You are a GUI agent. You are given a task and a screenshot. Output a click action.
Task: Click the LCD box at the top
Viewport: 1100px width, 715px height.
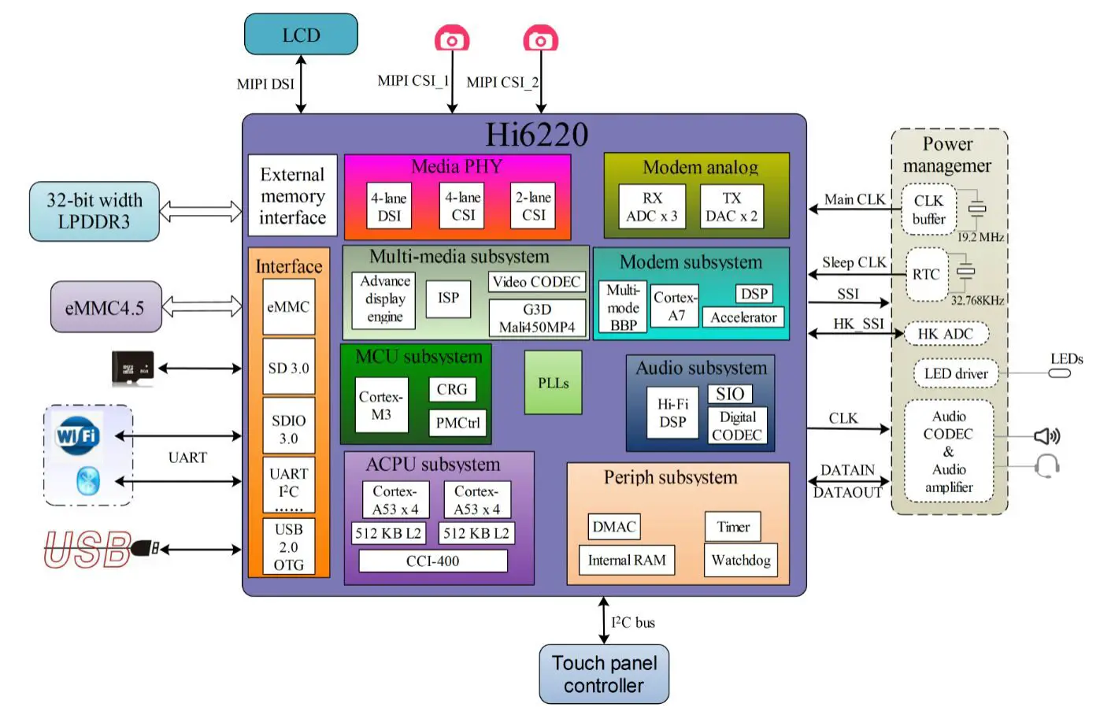(301, 35)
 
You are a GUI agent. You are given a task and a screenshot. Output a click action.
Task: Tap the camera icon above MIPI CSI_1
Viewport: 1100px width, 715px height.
(452, 39)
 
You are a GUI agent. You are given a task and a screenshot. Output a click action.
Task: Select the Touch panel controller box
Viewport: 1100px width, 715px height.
(604, 674)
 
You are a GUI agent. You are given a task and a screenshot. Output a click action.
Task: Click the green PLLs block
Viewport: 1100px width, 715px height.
(553, 383)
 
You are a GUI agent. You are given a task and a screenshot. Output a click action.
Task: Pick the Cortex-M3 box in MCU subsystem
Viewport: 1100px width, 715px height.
(381, 406)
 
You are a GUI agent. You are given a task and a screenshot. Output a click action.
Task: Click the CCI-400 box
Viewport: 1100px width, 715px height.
(432, 561)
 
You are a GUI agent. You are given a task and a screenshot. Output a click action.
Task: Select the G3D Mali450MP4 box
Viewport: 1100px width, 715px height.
(537, 318)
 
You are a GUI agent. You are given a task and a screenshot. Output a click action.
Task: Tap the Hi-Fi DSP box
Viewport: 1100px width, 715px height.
(672, 413)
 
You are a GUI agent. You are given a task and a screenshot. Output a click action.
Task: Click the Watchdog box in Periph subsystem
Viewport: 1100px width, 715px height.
(740, 560)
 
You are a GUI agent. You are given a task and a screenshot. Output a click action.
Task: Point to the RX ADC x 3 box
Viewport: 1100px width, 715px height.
(652, 206)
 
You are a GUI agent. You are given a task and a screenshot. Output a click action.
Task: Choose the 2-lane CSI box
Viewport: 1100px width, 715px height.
(533, 206)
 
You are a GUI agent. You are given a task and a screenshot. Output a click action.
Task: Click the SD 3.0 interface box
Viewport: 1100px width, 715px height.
(288, 368)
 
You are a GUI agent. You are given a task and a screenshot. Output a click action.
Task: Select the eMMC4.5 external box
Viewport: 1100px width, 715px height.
(106, 307)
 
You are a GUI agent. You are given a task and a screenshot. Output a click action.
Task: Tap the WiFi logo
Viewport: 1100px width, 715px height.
(77, 435)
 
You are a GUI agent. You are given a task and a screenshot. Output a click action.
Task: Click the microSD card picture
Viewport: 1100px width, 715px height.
(132, 368)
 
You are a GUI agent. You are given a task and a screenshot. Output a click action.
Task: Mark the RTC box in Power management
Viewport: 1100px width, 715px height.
(926, 274)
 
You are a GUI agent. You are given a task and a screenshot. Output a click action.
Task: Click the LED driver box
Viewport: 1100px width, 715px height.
(955, 373)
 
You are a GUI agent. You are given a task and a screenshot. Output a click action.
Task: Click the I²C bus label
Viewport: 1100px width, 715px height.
(633, 622)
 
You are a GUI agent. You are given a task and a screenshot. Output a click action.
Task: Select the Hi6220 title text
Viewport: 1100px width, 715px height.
(536, 135)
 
